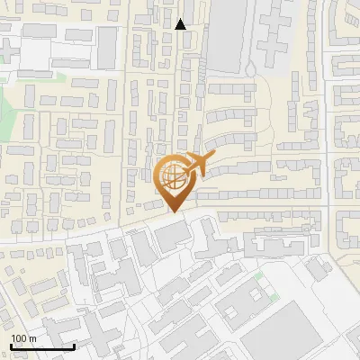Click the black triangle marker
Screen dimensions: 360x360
click(x=181, y=24)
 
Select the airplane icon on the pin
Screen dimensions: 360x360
click(x=196, y=165)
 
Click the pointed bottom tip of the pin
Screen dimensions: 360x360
click(x=175, y=211)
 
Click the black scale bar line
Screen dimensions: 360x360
click(x=41, y=346)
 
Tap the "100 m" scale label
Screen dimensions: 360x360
click(x=23, y=338)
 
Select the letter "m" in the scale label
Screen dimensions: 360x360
click(x=32, y=338)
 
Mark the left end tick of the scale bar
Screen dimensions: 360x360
click(x=10, y=345)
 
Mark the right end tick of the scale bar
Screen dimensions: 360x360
click(x=74, y=345)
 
